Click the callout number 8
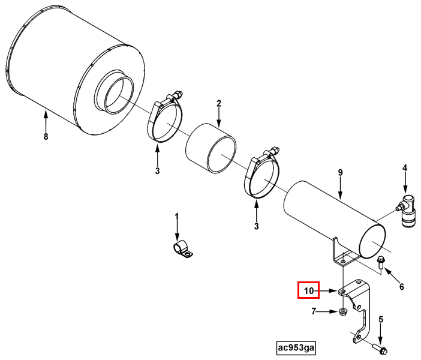(x=46, y=136)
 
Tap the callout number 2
(x=219, y=104)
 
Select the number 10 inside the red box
(x=309, y=290)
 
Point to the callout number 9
(x=340, y=172)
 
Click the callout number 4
(x=405, y=168)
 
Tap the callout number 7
(x=314, y=311)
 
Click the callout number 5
(x=381, y=319)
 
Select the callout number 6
(x=402, y=287)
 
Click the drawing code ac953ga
(x=296, y=348)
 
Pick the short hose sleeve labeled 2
(x=211, y=149)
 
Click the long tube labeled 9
(x=335, y=220)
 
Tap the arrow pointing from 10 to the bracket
(x=326, y=290)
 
